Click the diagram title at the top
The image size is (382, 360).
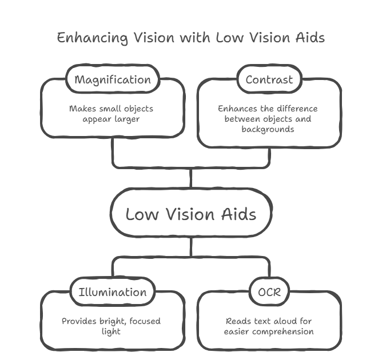coord(190,39)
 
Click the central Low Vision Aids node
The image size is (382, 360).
coord(190,215)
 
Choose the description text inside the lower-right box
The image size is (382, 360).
coord(269,325)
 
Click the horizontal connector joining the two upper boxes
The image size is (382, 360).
coord(190,167)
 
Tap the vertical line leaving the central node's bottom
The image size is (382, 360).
coord(192,247)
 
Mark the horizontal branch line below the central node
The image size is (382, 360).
coord(190,255)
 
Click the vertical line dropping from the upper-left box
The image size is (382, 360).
coord(112,153)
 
